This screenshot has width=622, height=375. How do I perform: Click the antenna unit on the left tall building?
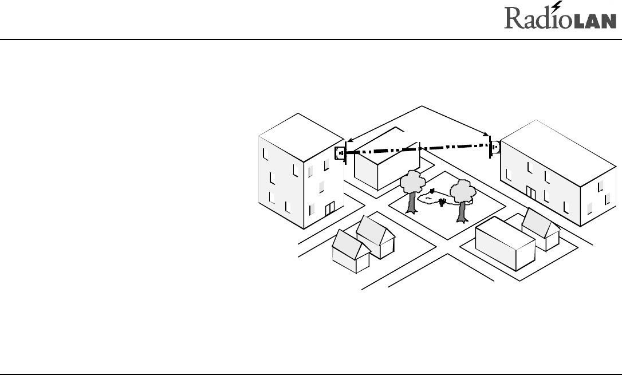pos(340,153)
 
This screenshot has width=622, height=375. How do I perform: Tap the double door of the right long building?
pos(531,194)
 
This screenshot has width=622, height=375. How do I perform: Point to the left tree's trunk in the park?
pos(411,202)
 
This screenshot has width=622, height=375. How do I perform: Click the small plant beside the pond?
pos(442,202)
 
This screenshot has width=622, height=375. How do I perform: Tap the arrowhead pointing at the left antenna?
pos(349,139)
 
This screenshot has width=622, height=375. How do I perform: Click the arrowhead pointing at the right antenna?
pos(487,135)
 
